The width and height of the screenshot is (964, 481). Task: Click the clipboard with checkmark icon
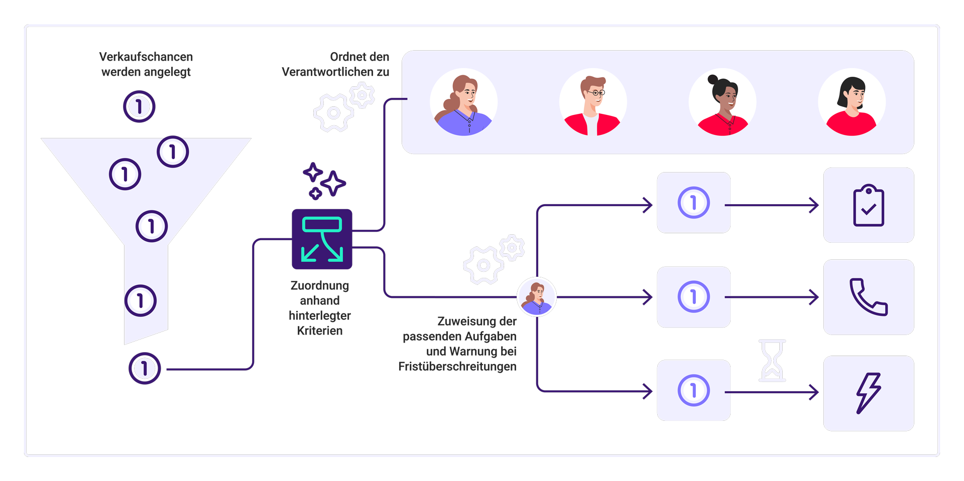click(x=869, y=205)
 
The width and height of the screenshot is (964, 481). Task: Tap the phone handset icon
click(x=869, y=297)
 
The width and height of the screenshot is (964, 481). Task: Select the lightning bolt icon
click(x=869, y=393)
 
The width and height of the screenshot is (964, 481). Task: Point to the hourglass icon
click(x=772, y=360)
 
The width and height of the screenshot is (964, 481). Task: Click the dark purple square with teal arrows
click(x=322, y=239)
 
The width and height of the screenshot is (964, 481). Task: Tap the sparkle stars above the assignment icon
click(x=324, y=181)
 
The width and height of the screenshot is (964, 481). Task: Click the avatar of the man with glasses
click(x=593, y=102)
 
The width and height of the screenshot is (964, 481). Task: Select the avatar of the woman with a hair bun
click(x=722, y=102)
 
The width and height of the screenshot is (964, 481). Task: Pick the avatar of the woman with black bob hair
click(x=852, y=102)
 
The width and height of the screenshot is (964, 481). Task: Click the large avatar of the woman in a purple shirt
click(x=463, y=102)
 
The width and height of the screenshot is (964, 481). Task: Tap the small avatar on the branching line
click(x=537, y=297)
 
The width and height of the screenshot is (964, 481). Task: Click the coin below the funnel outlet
click(x=145, y=368)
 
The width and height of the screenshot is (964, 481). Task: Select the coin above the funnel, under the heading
click(x=139, y=106)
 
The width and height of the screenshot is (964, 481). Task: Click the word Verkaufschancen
click(x=146, y=57)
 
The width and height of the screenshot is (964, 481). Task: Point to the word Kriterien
click(x=320, y=331)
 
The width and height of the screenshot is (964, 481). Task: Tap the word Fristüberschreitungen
click(x=457, y=367)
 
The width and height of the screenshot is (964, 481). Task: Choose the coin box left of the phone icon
click(x=693, y=297)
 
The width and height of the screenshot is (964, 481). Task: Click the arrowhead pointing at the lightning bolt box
click(x=814, y=392)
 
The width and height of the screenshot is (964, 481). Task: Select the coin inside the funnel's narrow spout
click(x=141, y=300)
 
